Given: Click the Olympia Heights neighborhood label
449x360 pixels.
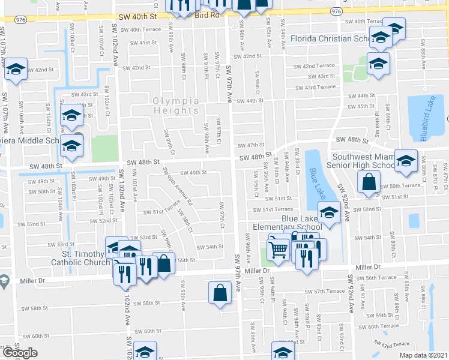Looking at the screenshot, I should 176,106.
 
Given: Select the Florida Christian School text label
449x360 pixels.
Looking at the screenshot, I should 330,39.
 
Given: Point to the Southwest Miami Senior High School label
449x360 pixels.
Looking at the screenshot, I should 359,160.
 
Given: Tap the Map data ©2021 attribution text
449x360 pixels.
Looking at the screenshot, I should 423,355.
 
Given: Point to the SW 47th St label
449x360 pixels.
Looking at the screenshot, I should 251,145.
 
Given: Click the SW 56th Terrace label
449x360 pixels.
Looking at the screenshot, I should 375,278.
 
